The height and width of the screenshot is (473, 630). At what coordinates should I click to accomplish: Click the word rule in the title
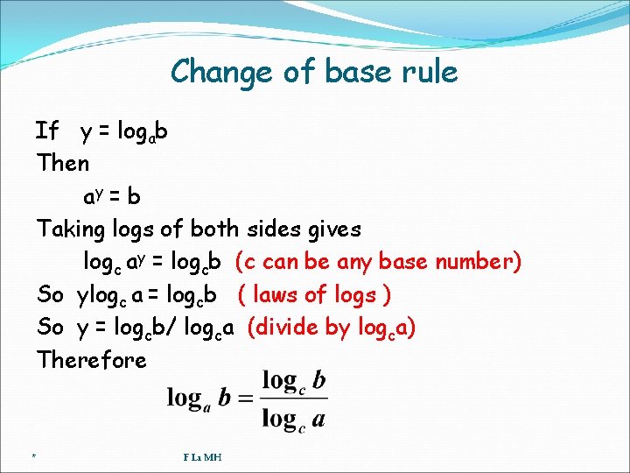[x=428, y=71]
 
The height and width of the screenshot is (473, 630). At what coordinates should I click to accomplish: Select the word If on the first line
[x=46, y=131]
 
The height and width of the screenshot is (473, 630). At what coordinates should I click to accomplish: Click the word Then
[x=63, y=163]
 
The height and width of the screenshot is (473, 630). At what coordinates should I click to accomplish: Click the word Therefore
[x=92, y=360]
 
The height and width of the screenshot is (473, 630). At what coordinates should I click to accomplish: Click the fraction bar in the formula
[x=294, y=399]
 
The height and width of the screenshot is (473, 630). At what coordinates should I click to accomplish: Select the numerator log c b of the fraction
[x=294, y=380]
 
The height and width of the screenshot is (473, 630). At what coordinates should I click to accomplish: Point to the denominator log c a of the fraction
[x=294, y=418]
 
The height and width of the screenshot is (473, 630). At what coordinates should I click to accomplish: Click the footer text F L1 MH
[x=202, y=456]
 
